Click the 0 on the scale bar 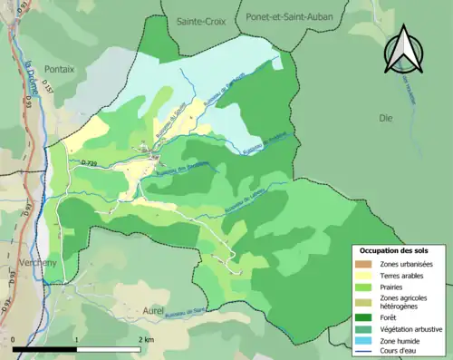tap(14, 338)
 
